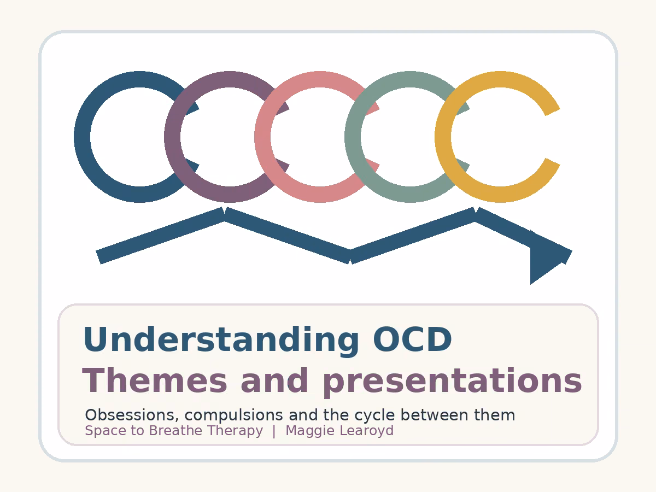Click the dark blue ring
tap(82, 137)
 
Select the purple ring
tap(172, 137)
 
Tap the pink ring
tap(263, 137)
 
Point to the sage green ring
tap(353, 137)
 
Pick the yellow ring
tap(443, 137)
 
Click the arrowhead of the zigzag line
tap(547, 256)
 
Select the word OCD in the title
tap(412, 339)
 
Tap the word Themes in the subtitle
tap(154, 380)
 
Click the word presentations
tap(452, 382)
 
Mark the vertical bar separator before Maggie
tap(274, 432)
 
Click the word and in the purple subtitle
tap(274, 380)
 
